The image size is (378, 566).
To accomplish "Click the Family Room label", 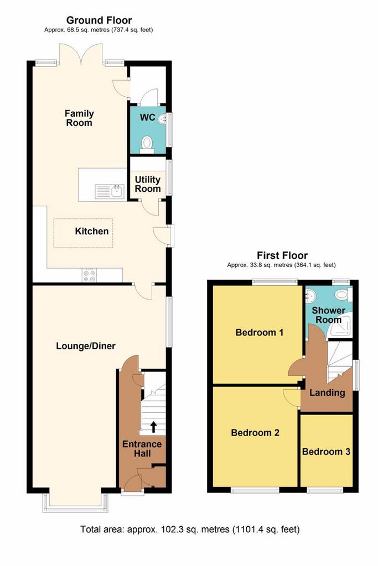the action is coord(79,118).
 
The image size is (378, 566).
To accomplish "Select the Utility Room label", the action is coord(147,184).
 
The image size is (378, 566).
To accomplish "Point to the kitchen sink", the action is coord(110,191).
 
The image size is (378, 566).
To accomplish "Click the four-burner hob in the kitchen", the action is coord(89,276).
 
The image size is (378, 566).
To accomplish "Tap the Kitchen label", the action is coord(92,231).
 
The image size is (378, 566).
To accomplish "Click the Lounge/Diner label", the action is coord(86,346).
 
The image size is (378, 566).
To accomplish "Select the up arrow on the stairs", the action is coord(153,427).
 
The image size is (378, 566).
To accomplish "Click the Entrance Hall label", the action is coord(142,449).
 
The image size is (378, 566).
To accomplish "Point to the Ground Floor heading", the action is coord(99,20).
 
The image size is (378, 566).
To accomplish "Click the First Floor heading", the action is coord(282,255).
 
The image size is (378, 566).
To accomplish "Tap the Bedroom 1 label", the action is coord(260,332).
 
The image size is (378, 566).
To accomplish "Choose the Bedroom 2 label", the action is coord(255,432).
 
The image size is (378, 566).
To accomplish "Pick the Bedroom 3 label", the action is coord(327,452).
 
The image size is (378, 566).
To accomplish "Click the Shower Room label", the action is coord(329,315).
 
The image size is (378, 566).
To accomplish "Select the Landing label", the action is coord(327,392).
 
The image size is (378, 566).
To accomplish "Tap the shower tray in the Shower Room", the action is coord(340,327).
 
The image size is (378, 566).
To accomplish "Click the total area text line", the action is coord(190,530).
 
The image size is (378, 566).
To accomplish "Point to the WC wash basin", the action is coord(162,118).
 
